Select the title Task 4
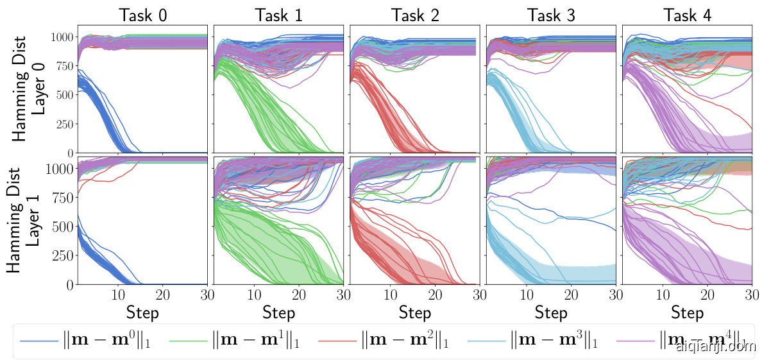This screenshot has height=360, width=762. point(688,15)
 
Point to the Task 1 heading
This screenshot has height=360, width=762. point(279,15)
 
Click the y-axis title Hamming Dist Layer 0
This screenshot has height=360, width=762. point(31,89)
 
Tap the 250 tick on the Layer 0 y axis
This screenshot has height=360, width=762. point(63,124)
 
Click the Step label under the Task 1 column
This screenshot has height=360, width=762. point(279,313)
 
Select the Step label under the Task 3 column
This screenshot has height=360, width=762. point(551,313)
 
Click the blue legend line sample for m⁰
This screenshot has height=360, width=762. point(39,339)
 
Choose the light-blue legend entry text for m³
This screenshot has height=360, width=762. point(555,339)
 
